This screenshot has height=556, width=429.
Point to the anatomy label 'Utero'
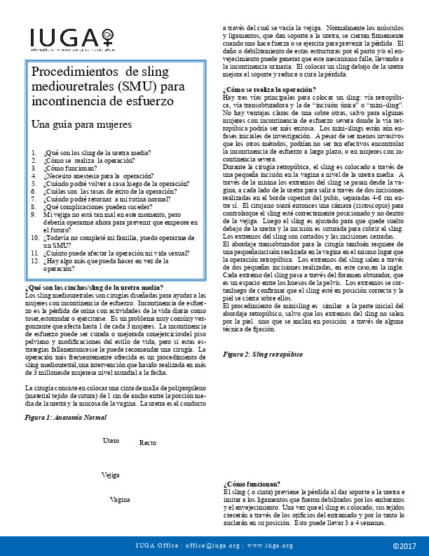[x=111, y=440]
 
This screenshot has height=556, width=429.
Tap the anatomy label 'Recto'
[x=148, y=443]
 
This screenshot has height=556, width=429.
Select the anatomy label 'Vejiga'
[x=110, y=475]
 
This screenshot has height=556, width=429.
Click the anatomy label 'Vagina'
[x=121, y=499]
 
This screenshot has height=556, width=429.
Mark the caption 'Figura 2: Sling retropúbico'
[x=259, y=355]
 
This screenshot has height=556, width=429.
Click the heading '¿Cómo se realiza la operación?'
[x=269, y=88]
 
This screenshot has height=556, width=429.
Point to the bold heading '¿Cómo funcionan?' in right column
[x=252, y=483]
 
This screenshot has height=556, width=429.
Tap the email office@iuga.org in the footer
[x=214, y=545]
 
